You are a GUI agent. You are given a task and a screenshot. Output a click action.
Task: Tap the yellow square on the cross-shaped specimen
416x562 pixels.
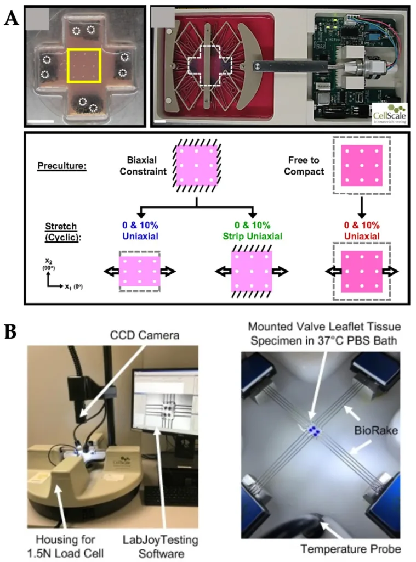(x=83, y=66)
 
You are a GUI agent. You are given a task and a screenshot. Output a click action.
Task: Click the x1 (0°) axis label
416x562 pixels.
(x=72, y=286)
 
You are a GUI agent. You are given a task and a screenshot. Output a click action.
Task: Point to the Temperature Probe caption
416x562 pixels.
(x=351, y=548)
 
